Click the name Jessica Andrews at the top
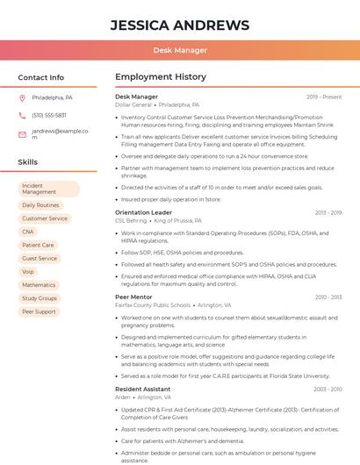[x=180, y=25]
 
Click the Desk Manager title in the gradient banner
[x=180, y=50]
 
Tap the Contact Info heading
[x=41, y=77]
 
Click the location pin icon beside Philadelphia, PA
[x=22, y=97]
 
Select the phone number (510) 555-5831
[x=49, y=115]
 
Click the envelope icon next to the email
[x=22, y=133]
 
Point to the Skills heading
[x=28, y=162]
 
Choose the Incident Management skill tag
[x=48, y=189]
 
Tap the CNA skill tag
[x=28, y=232]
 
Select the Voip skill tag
[x=28, y=272]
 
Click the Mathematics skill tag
[x=39, y=285]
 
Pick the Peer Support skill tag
[x=39, y=311]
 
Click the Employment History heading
[x=160, y=77]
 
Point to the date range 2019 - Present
[x=324, y=97]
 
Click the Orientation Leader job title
[x=143, y=212]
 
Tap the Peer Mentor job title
[x=133, y=297]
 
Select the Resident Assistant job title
[x=142, y=389]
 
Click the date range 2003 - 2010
[x=328, y=389]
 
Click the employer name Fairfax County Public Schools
[x=153, y=305]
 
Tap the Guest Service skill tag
[x=40, y=259]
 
